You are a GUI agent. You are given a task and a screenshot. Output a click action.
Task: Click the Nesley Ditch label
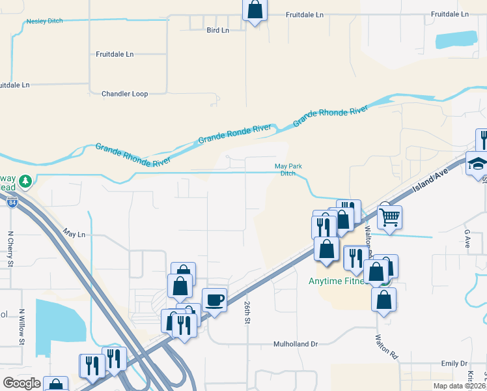tap(45, 22)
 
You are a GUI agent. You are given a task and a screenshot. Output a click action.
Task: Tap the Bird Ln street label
tap(218, 30)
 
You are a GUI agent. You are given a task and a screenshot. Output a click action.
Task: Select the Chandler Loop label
tap(125, 94)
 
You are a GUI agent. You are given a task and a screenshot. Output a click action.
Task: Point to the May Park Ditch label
tap(288, 169)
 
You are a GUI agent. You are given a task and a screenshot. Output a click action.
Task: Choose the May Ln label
tap(74, 233)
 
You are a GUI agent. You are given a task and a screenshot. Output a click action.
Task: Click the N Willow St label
tap(21, 326)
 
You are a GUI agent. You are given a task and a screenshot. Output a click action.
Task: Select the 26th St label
tap(248, 312)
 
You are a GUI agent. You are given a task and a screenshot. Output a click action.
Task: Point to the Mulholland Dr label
tap(295, 343)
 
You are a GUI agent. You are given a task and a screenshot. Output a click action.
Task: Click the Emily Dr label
tap(454, 363)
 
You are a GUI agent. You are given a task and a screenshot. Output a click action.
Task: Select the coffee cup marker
tap(215, 300)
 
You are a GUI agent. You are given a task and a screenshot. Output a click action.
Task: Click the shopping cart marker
tap(389, 216)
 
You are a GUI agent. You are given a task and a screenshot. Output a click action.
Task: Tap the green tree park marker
tap(25, 181)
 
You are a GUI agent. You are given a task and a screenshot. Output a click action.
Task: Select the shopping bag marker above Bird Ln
tap(255, 10)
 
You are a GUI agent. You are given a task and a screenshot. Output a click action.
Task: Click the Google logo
tap(21, 383)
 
